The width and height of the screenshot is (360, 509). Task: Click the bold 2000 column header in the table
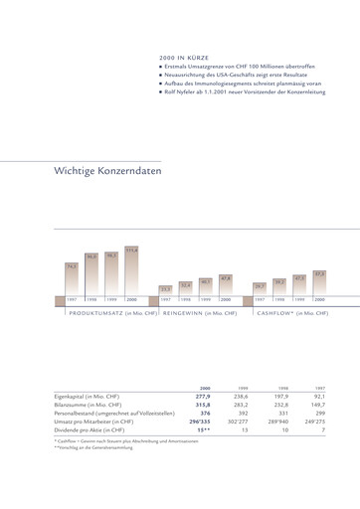point(204,389)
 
